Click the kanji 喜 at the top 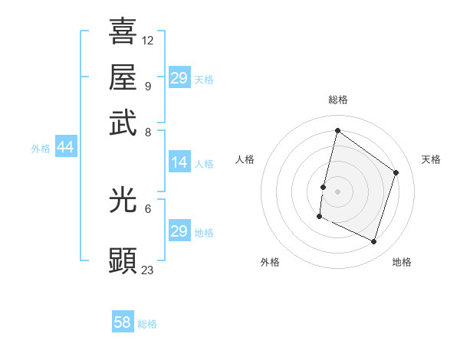click(123, 31)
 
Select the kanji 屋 click(123, 77)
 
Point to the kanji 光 click(123, 200)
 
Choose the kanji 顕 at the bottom click(123, 260)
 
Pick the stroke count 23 click(148, 270)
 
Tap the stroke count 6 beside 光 click(148, 208)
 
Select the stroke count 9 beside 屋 click(148, 86)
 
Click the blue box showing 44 click(65, 148)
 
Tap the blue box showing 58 click(123, 322)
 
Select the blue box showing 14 click(179, 162)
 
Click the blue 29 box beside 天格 click(179, 78)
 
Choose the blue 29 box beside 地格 click(179, 231)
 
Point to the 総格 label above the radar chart click(337, 100)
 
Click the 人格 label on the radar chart click(245, 159)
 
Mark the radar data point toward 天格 click(396, 172)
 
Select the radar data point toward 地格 click(373, 242)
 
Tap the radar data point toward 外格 click(319, 217)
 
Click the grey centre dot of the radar click(337, 191)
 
